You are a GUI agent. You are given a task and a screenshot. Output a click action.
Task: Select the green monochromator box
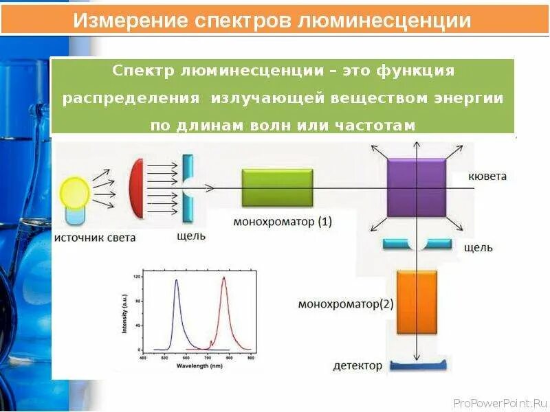point(276,187)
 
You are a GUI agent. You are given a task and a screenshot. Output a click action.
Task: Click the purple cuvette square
point(416,187)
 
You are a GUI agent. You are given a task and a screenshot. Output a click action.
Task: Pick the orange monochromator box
point(416,301)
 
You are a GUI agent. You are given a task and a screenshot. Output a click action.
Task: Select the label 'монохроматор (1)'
point(282,222)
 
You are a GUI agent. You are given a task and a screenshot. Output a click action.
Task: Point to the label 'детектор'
point(357,366)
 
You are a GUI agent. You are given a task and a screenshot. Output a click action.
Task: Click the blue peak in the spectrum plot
point(177,283)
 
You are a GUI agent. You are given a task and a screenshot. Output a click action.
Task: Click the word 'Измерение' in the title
point(120,21)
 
